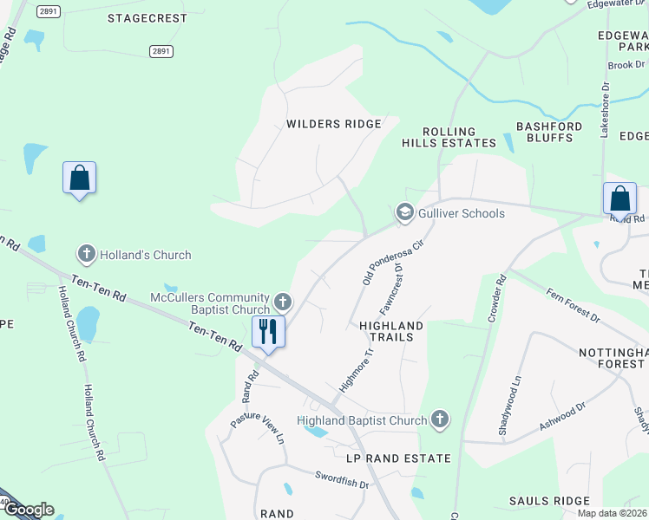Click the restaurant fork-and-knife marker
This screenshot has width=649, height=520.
click(268, 331)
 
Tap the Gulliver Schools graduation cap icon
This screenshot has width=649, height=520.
click(403, 212)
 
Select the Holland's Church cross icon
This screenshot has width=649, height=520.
click(86, 255)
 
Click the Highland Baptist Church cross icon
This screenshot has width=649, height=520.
click(440, 420)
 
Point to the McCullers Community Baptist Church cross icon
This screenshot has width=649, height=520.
click(282, 302)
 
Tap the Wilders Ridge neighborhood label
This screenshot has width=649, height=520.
click(334, 124)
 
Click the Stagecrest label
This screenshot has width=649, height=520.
click(147, 17)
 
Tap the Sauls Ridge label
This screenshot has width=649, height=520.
click(549, 501)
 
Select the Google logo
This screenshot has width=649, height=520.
click(28, 510)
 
